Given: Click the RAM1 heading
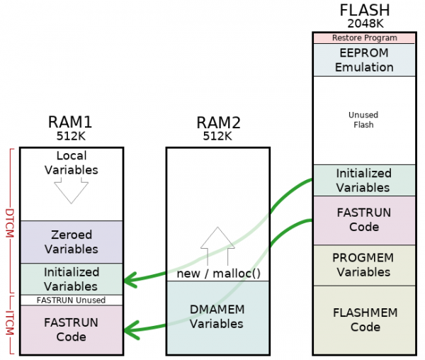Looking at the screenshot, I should pos(70,121).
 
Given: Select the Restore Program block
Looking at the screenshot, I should pos(363,38).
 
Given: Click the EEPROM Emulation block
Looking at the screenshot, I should pos(363,60).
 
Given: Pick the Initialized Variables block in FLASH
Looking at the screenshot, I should pos(363,180).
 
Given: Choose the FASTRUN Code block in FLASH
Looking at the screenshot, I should pos(363,220).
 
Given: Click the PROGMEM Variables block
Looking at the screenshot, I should pos(363,265).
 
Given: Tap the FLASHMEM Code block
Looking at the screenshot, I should pos(363,320).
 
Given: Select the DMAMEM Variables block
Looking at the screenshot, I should pos(217,317).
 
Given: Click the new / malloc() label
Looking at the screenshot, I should pos(217,274).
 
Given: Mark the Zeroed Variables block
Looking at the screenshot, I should pos(71,242).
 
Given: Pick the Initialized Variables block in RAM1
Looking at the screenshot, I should pos(71,279).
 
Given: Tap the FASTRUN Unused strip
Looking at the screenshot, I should pos(71,300).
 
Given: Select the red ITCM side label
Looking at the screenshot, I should pos(10,323).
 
